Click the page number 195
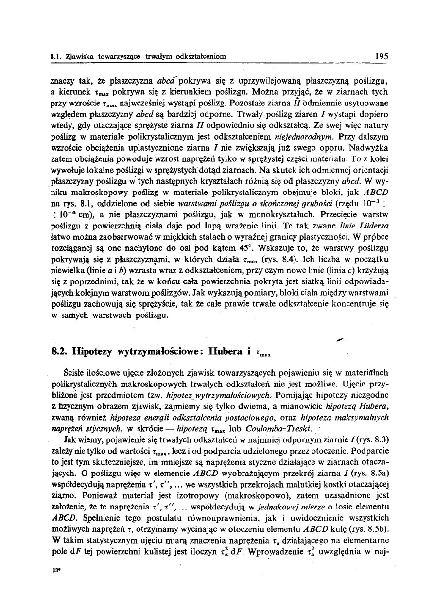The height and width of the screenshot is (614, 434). click(x=382, y=56)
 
